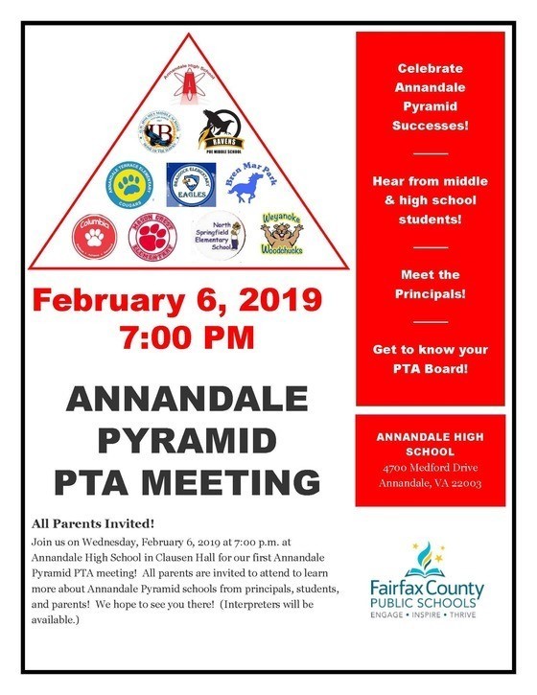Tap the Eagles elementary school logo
tap(191, 183)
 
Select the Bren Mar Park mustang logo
tap(247, 183)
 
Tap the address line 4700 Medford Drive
tap(429, 468)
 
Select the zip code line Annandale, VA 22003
tap(429, 483)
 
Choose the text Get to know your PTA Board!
tap(430, 359)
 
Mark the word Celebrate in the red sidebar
tap(430, 69)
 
